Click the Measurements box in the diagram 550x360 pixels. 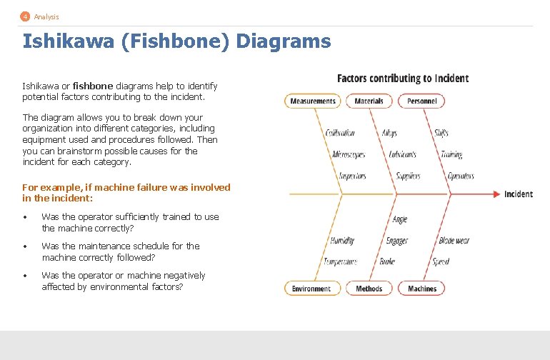pyautogui.click(x=313, y=101)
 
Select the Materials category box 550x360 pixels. pyautogui.click(x=369, y=101)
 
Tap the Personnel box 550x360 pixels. pyautogui.click(x=421, y=101)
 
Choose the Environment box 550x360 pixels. pyautogui.click(x=311, y=289)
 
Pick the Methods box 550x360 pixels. pyautogui.click(x=369, y=289)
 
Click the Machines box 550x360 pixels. pyautogui.click(x=421, y=289)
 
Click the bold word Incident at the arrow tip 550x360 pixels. pyautogui.click(x=518, y=194)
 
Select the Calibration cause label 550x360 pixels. pyautogui.click(x=340, y=133)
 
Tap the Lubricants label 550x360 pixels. pyautogui.click(x=403, y=154)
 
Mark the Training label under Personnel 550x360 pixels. pyautogui.click(x=451, y=154)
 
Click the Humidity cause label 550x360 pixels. pyautogui.click(x=342, y=241)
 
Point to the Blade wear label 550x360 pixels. pyautogui.click(x=454, y=241)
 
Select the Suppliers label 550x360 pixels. pyautogui.click(x=408, y=176)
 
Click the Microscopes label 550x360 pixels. pyautogui.click(x=349, y=154)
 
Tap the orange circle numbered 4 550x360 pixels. pyautogui.click(x=25, y=16)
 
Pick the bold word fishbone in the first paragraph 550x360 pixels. pyautogui.click(x=89, y=86)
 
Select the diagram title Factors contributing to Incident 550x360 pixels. pyautogui.click(x=403, y=79)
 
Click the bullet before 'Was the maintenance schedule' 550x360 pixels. pyautogui.click(x=25, y=246)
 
